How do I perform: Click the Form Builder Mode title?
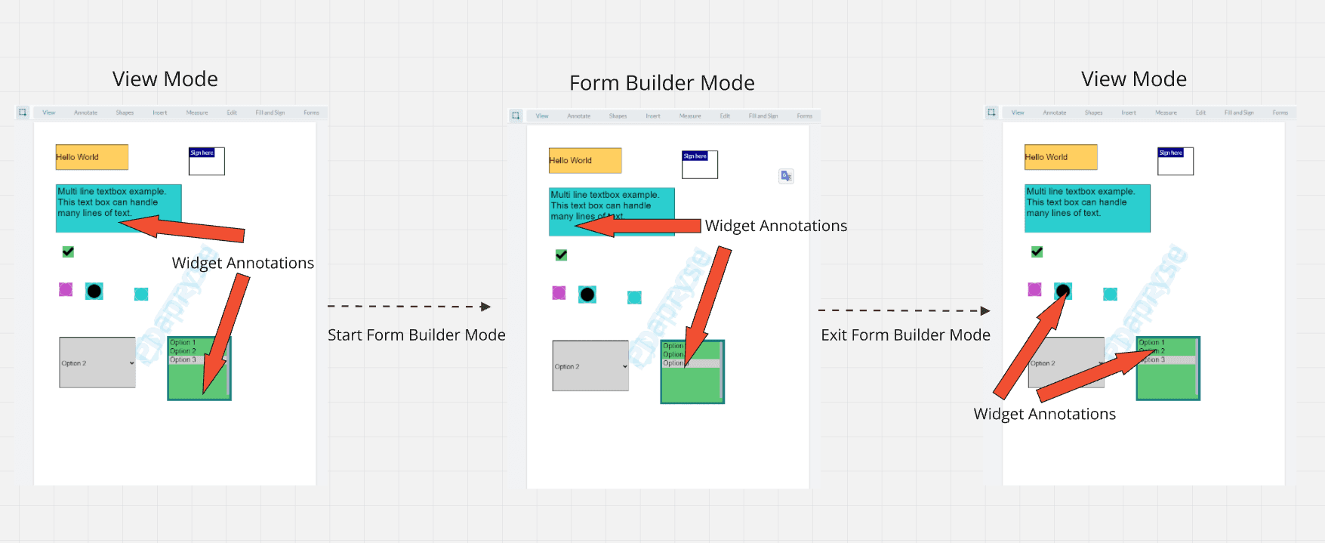click(661, 82)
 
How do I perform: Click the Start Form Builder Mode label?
click(416, 335)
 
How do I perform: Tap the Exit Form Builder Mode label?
click(905, 335)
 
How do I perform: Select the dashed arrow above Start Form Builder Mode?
click(408, 306)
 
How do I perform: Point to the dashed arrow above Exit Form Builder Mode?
click(903, 310)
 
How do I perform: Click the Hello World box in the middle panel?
click(585, 160)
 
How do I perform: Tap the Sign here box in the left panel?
click(206, 161)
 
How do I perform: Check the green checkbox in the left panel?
click(68, 251)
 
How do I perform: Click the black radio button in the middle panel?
click(587, 295)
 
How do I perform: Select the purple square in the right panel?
click(1034, 289)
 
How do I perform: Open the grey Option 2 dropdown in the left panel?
click(97, 363)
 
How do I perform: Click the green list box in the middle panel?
click(692, 381)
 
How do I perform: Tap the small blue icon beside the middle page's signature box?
click(786, 176)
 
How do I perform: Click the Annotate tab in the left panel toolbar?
click(85, 113)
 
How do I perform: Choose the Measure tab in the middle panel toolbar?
click(690, 116)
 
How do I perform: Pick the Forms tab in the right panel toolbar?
click(1280, 113)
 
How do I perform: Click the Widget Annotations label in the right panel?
click(1044, 414)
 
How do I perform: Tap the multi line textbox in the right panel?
click(1087, 208)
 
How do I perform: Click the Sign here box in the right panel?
click(1176, 161)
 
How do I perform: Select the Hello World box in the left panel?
click(91, 157)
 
